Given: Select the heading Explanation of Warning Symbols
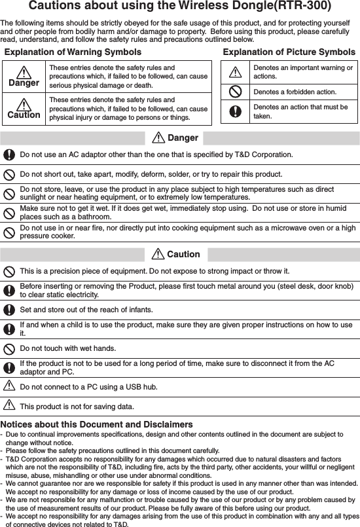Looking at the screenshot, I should click(x=73, y=52).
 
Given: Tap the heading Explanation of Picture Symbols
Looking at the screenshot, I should click(x=289, y=52).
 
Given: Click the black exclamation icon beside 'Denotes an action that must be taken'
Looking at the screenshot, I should click(x=234, y=111).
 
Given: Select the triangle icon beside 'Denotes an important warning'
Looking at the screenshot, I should click(x=234, y=71).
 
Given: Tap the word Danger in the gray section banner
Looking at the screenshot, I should click(x=183, y=138).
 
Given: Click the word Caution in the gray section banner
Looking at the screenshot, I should click(x=183, y=254).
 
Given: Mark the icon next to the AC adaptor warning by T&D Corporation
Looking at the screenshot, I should click(x=10, y=155).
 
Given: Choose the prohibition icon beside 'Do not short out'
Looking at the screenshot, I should click(x=10, y=175).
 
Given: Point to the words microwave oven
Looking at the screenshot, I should click(x=291, y=227).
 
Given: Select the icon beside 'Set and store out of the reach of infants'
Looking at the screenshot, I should click(x=10, y=309).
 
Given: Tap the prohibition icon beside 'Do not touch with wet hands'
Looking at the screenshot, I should click(x=10, y=348).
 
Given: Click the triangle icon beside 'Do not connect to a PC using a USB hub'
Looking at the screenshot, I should click(x=10, y=386).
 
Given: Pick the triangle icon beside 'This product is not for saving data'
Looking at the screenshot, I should click(x=10, y=406).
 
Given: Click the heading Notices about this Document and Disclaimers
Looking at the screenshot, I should click(x=97, y=425).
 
